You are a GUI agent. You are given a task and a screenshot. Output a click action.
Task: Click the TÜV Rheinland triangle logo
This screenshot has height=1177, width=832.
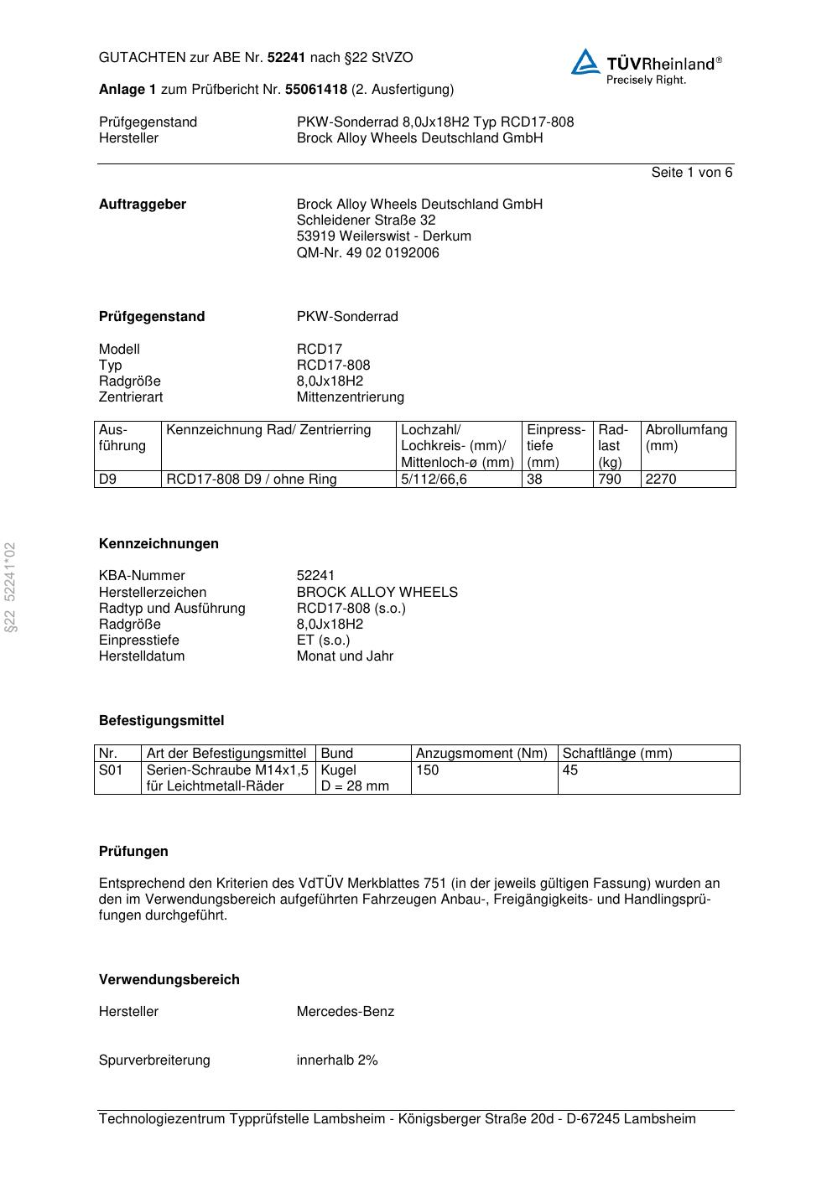pos(585,62)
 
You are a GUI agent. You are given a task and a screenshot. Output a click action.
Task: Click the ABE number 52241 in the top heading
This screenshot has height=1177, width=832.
pos(286,58)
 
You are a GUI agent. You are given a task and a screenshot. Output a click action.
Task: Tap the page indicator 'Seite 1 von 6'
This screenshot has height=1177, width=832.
pos(691,172)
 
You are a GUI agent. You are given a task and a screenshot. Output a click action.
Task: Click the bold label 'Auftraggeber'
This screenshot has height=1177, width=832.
pos(143,204)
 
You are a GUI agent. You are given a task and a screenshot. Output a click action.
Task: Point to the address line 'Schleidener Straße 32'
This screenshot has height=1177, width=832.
pos(366,220)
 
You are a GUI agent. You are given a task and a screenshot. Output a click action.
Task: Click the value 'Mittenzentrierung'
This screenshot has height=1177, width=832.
pos(350,397)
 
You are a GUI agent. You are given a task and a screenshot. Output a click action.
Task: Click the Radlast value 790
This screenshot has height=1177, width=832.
pos(610,479)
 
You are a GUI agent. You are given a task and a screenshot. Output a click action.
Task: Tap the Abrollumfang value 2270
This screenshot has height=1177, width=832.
pos(661,479)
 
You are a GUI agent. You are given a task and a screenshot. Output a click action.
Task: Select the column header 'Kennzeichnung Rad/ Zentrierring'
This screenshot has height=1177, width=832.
pos(268,430)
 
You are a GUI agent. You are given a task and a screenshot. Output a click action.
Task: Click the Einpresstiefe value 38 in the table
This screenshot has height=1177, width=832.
pos(535,479)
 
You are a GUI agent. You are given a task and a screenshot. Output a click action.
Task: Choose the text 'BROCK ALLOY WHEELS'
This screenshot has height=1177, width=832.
pos(377,592)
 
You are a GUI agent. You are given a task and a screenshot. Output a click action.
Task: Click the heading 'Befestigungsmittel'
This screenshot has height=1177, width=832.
pos(161,720)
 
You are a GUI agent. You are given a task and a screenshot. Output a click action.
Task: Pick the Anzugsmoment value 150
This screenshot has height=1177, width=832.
pos(427,770)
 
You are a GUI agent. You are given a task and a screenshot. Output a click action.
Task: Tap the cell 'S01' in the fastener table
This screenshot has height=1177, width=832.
pos(111,770)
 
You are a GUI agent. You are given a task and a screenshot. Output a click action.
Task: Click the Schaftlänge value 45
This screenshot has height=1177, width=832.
pos(570,770)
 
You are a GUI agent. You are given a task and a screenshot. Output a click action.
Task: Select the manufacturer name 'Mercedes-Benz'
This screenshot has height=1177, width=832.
pos(345,1011)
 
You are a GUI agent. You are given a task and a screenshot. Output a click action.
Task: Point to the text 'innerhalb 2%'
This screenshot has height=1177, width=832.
pos(336,1060)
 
